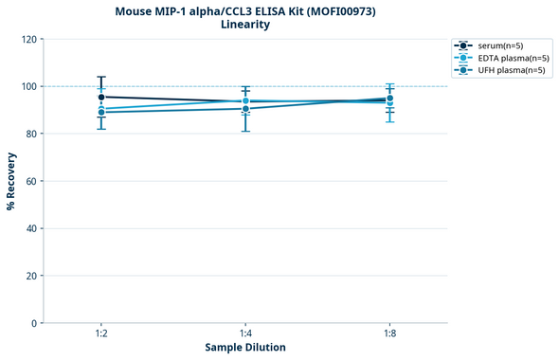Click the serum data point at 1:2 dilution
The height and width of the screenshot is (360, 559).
101,97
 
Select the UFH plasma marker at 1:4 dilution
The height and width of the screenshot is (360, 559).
245,109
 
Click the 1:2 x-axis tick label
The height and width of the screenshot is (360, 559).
101,334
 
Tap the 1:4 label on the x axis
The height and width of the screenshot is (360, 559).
245,334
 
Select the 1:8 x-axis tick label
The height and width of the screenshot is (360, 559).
389,334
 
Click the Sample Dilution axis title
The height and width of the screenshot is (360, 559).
245,348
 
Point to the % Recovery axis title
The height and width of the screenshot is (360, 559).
10,181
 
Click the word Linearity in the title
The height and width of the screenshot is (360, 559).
244,25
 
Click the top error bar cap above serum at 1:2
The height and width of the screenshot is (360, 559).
101,77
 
